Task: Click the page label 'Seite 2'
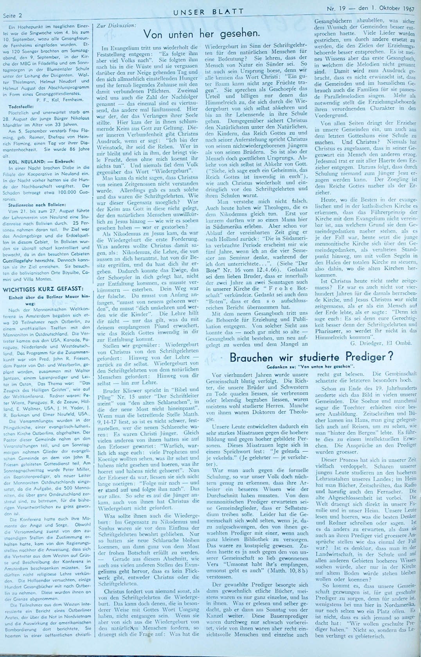click(x=13, y=16)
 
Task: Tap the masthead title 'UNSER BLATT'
click(x=209, y=12)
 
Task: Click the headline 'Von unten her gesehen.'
click(x=202, y=34)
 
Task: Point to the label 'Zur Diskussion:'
click(x=116, y=25)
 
